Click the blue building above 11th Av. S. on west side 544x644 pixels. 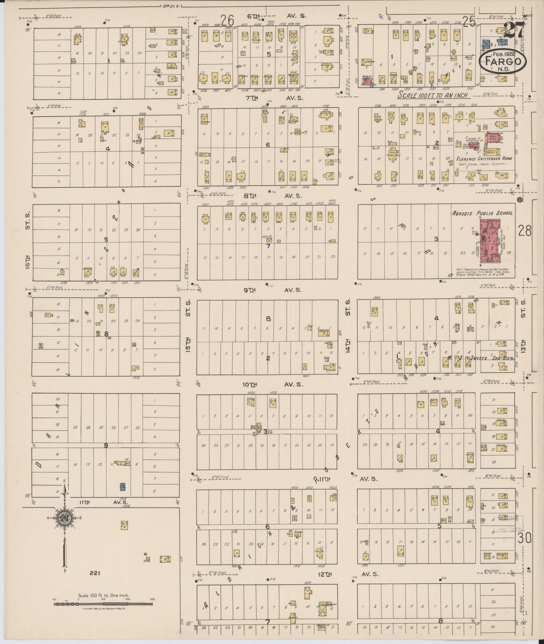pos(122,486)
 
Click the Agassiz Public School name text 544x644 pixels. pos(482,213)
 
